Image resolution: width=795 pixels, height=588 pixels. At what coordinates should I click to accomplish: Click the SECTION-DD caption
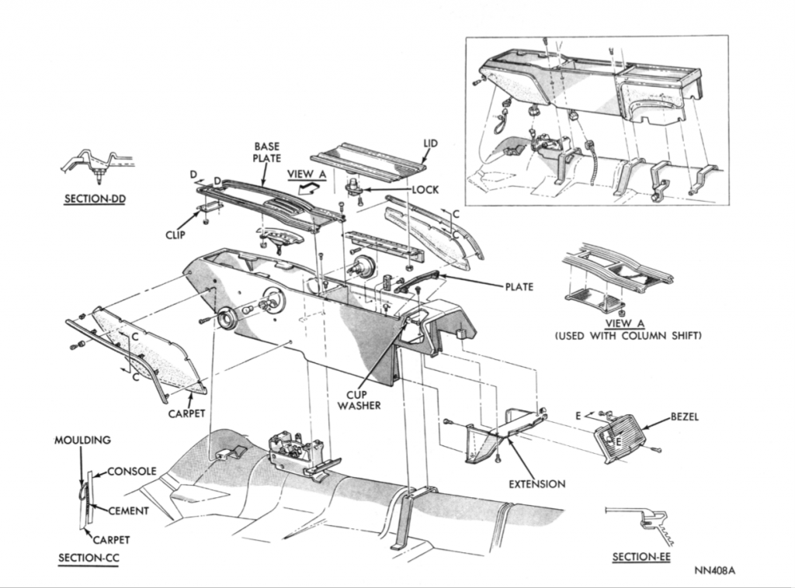(x=95, y=199)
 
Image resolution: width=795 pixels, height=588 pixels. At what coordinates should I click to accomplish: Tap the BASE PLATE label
(x=266, y=152)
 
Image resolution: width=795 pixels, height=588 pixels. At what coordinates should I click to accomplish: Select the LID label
(x=431, y=144)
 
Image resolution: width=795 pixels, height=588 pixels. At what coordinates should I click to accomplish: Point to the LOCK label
(x=426, y=189)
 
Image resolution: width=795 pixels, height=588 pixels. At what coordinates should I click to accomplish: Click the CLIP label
(x=175, y=234)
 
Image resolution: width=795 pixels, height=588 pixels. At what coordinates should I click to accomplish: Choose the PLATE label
(x=519, y=287)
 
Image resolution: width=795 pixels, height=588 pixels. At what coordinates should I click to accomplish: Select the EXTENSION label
(x=537, y=484)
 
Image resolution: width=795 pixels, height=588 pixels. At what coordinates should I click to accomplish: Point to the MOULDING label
(x=83, y=440)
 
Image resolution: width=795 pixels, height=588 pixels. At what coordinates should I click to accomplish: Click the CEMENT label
(x=128, y=510)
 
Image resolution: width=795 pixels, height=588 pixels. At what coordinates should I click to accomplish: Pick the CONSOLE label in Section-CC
(x=131, y=471)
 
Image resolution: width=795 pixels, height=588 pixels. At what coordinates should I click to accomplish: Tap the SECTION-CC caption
(x=89, y=558)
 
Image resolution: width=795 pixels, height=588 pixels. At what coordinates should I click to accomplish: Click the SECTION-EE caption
(x=641, y=557)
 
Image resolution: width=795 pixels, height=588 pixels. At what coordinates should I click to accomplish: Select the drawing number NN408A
(x=714, y=571)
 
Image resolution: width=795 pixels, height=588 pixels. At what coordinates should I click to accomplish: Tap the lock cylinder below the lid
(x=353, y=186)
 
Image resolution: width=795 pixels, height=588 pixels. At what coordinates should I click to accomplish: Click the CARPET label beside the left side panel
(x=187, y=413)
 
